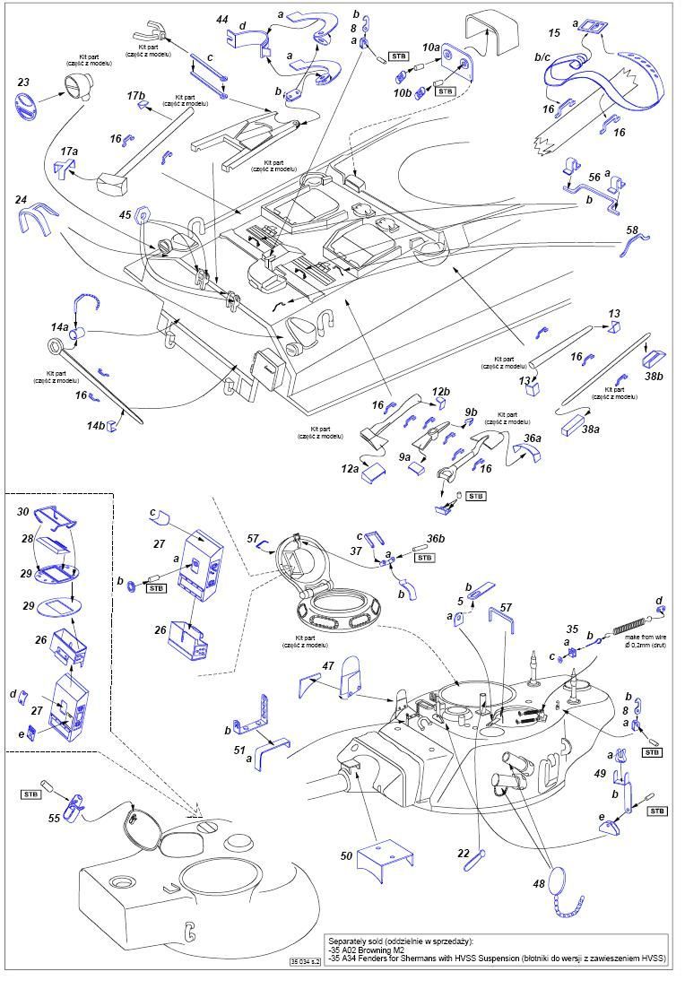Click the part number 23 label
click(23, 82)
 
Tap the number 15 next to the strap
click(554, 33)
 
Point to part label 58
click(632, 230)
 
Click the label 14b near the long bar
click(95, 426)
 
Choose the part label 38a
click(590, 429)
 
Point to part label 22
click(463, 853)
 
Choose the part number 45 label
click(125, 214)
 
